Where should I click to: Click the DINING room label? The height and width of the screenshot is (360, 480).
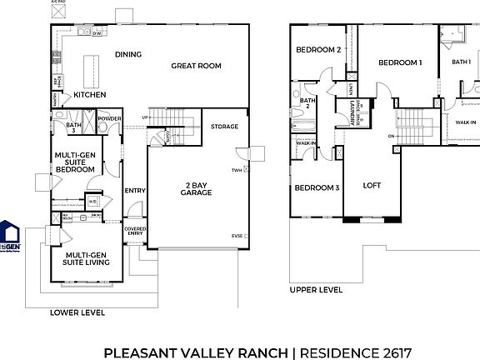pos(127,55)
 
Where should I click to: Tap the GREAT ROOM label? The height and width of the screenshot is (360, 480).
pos(196,66)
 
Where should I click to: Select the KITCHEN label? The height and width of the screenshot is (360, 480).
pos(89,95)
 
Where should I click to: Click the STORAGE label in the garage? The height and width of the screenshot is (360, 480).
pos(224,127)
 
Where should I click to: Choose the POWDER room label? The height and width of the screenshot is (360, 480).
pos(108,119)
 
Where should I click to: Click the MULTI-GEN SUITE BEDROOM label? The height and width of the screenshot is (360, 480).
pos(74,162)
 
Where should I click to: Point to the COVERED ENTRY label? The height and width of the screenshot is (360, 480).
pos(135,232)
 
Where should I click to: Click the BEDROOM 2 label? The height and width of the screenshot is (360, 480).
pos(316,50)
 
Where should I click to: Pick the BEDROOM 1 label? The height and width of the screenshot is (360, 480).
pos(400,62)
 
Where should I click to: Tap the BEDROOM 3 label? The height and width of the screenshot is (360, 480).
pos(316,187)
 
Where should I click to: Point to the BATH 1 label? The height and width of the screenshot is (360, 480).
pos(461,62)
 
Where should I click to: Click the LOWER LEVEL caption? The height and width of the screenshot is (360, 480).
pos(77,312)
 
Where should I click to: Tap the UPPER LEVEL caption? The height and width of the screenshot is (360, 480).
pos(316,290)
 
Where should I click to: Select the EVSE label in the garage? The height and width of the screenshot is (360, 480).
pos(237,237)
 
